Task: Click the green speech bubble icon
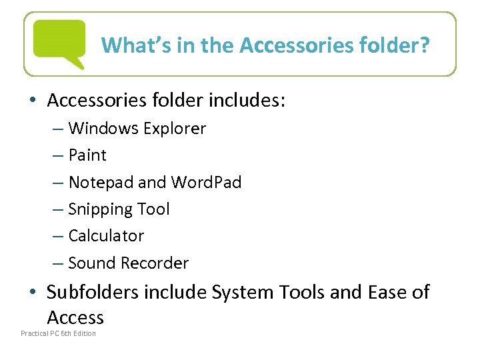(x=60, y=43)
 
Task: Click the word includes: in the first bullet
(x=247, y=100)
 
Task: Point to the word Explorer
(x=174, y=128)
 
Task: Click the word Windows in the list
(x=103, y=128)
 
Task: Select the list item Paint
(x=87, y=155)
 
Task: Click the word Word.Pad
(x=206, y=182)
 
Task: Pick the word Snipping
(x=101, y=209)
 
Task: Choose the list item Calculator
(x=106, y=236)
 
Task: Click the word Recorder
(x=155, y=263)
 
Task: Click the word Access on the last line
(x=75, y=317)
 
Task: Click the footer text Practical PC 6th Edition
(x=58, y=333)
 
